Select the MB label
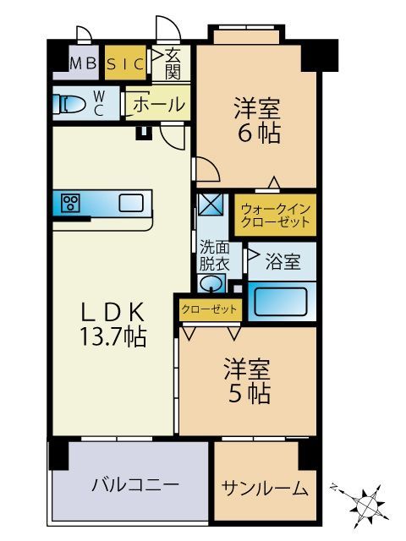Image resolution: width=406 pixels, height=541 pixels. [x=82, y=62]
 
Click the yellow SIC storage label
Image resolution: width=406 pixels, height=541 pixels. [x=125, y=62]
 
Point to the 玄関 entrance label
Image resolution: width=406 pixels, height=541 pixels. [x=173, y=63]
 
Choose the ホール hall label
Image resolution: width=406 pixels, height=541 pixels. [x=158, y=105]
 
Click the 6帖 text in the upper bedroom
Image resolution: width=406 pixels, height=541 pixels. [x=258, y=134]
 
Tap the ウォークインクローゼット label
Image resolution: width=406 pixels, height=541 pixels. [x=276, y=215]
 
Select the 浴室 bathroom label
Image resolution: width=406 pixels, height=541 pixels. [x=283, y=261]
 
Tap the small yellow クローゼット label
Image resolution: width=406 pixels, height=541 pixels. [x=209, y=309]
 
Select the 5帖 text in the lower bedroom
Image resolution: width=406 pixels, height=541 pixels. [x=247, y=393]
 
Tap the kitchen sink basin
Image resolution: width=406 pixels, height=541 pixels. [x=130, y=203]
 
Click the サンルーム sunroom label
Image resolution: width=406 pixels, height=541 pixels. [x=265, y=489]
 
